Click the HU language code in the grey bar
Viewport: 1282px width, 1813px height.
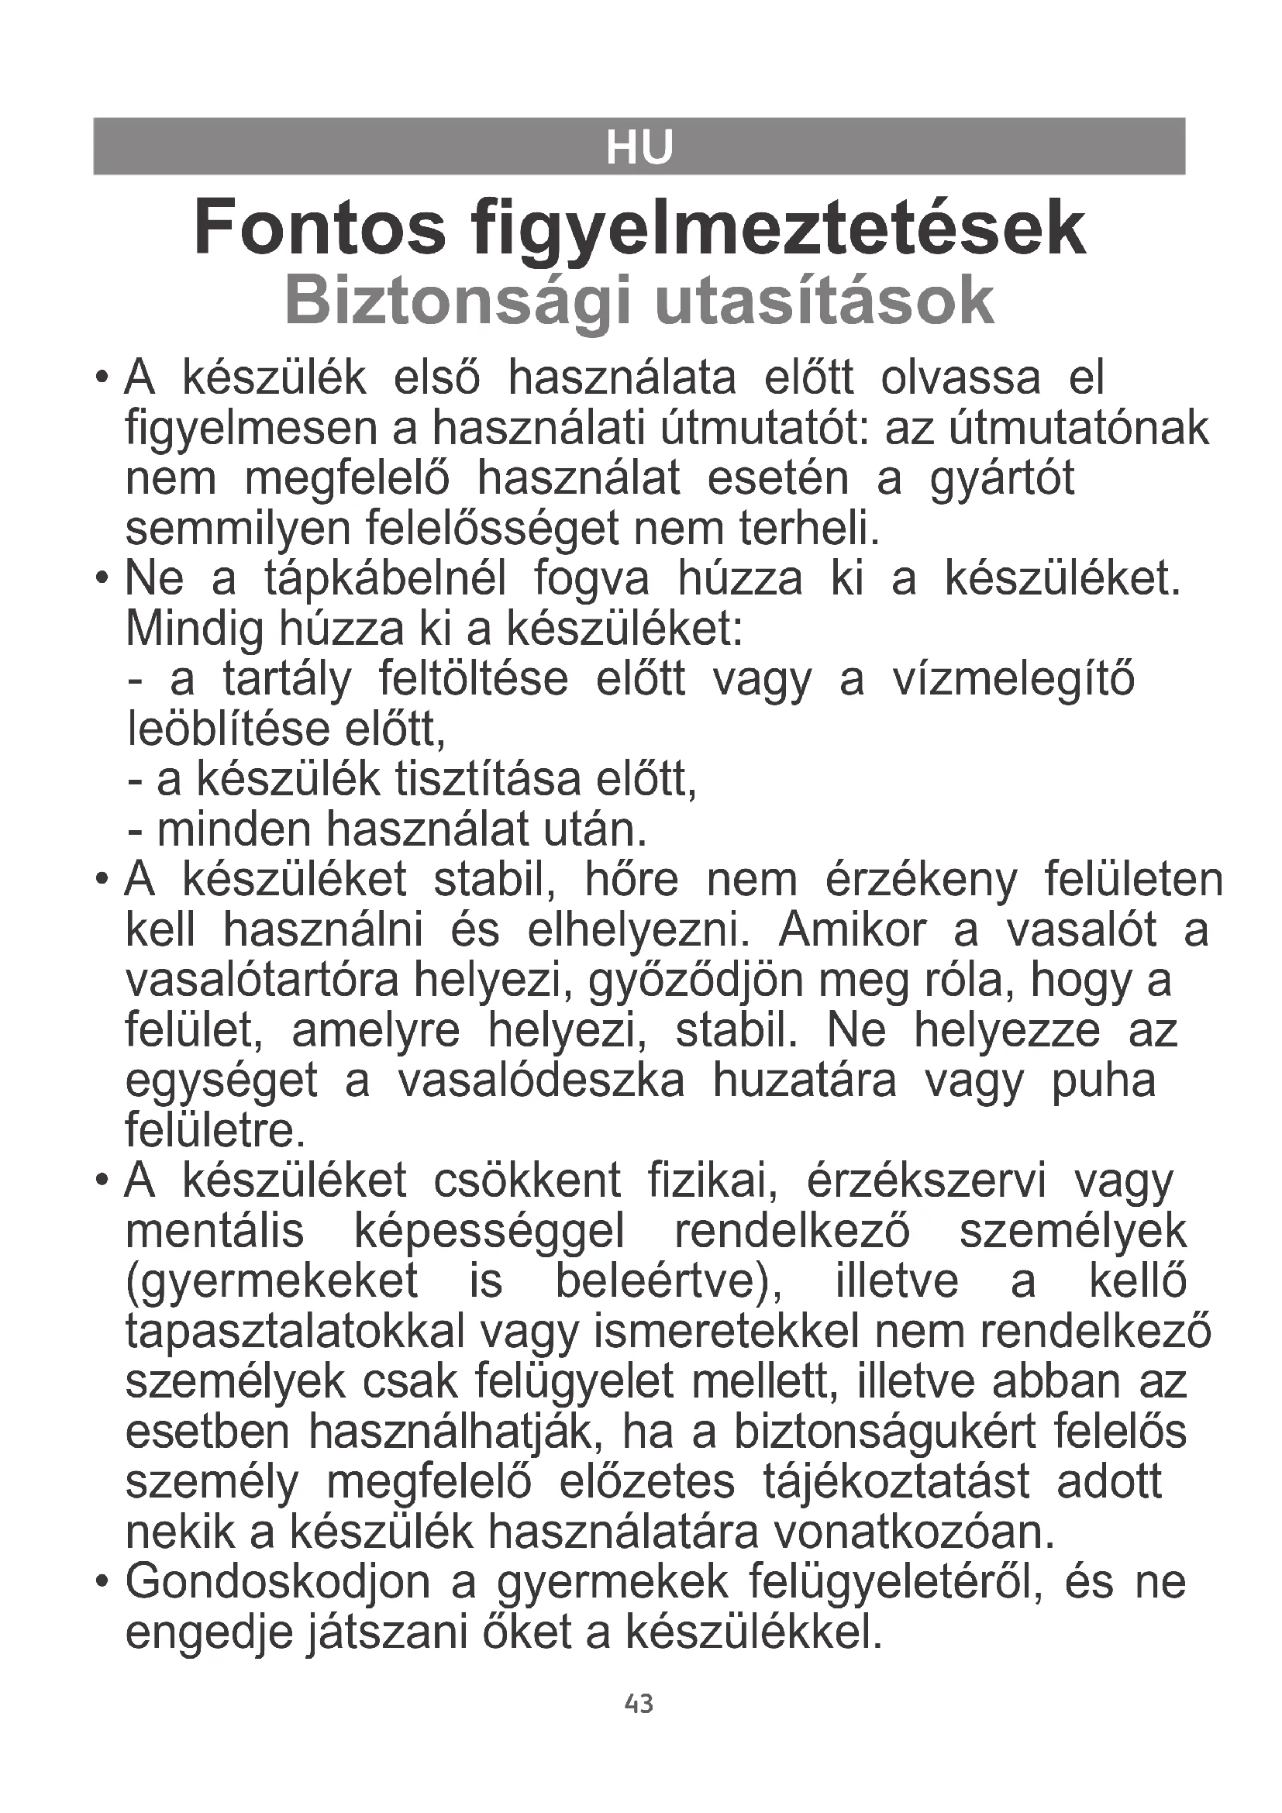point(639,148)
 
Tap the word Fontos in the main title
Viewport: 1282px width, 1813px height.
point(319,229)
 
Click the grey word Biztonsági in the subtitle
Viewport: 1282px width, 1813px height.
point(458,302)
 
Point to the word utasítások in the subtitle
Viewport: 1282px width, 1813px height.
point(824,301)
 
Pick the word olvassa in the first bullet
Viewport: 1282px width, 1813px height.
point(960,378)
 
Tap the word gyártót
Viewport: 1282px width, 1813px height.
point(1001,479)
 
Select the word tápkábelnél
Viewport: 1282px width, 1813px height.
point(385,580)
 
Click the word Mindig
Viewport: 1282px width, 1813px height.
point(195,630)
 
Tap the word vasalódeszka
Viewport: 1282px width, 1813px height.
point(541,1081)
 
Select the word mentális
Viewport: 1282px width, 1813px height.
point(215,1232)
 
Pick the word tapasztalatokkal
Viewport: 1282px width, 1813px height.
point(295,1332)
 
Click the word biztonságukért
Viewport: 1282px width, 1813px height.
point(884,1432)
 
